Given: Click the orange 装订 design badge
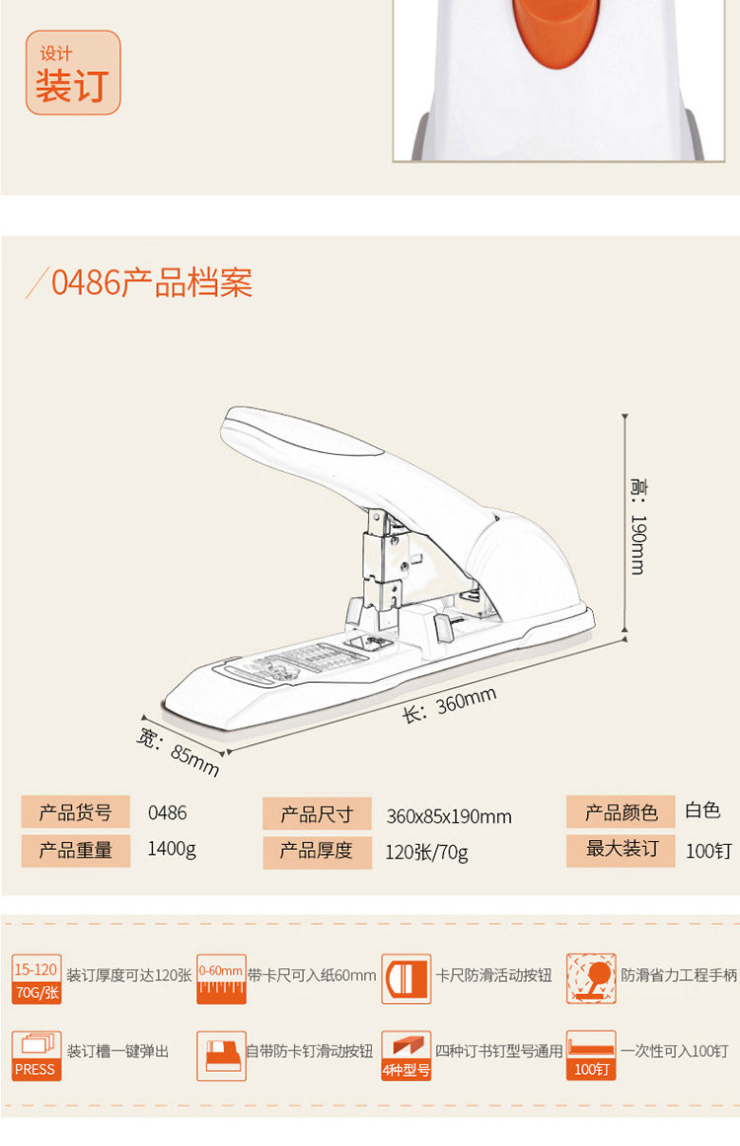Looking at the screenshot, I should point(73,73).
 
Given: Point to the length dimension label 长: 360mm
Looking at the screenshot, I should point(449,705).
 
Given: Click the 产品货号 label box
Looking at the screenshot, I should point(76,813).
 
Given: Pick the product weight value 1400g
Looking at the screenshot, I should point(172,849).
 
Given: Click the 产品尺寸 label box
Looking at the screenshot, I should point(317,814).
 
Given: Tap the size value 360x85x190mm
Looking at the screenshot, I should point(449,816).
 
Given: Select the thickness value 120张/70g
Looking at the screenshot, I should point(426,852).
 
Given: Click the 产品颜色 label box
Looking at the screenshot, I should point(621,812).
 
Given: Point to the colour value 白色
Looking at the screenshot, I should point(703,811).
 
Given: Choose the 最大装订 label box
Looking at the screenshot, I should point(621,849).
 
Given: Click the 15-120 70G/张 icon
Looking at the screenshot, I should point(37,979).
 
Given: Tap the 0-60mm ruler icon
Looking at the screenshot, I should point(221,979).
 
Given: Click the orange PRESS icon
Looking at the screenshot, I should point(37,1055).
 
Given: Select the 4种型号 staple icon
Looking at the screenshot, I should point(406,1055).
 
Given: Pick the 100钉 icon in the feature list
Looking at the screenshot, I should point(591,1055).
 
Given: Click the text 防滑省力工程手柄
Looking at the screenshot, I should point(679,975).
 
